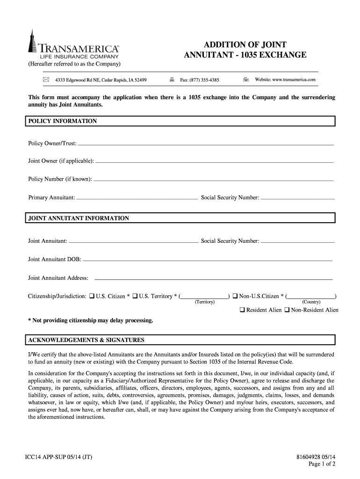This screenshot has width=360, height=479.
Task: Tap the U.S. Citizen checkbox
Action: click(92, 296)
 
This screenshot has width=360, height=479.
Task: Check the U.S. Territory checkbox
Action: click(135, 296)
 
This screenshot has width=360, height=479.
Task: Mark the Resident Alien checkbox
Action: click(242, 310)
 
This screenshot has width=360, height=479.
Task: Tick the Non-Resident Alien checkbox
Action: click(287, 310)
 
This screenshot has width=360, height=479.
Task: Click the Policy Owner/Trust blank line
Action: click(206, 145)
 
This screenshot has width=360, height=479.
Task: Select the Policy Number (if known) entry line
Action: click(213, 180)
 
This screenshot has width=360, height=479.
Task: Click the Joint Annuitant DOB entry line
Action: click(208, 259)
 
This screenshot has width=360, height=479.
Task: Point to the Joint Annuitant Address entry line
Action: click(213, 279)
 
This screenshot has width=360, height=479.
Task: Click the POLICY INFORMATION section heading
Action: click(63, 121)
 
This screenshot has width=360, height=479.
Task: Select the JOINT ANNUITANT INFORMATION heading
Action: click(79, 218)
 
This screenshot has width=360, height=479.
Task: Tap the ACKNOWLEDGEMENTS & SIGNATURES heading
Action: click(86, 340)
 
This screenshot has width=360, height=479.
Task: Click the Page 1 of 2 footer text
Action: click(323, 464)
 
